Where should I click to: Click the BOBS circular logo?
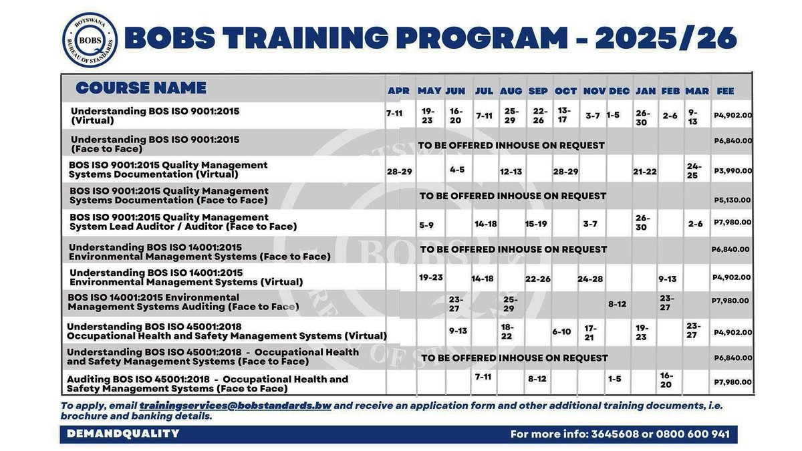point(90,40)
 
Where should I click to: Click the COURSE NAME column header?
point(141,88)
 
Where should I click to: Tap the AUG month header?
point(511,91)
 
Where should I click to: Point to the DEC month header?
point(619,91)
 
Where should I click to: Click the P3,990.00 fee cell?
point(732,171)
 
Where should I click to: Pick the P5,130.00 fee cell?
point(732,199)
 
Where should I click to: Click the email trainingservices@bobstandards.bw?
point(235,406)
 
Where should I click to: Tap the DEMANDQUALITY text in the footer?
point(123,434)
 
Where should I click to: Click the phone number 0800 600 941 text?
point(692,434)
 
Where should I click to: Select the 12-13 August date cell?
point(511,172)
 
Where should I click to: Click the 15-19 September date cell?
point(536,224)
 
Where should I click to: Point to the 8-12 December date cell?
point(617,304)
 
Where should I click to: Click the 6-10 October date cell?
point(561,332)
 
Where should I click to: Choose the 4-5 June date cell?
point(457,170)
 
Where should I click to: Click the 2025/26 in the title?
point(666,39)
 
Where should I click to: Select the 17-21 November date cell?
point(589,333)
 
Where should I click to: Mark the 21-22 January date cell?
point(645,172)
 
